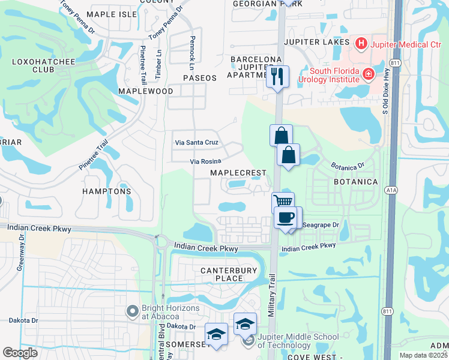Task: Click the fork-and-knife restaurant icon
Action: click(277, 76)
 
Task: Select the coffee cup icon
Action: click(285, 217)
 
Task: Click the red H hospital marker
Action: click(361, 43)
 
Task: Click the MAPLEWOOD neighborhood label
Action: click(145, 91)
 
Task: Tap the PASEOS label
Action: click(200, 78)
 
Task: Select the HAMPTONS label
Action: click(107, 191)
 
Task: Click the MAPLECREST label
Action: click(238, 173)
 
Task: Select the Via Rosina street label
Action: click(205, 161)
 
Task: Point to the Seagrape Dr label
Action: click(322, 225)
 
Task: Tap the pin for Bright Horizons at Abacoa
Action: click(132, 311)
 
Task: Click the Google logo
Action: click(20, 353)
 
